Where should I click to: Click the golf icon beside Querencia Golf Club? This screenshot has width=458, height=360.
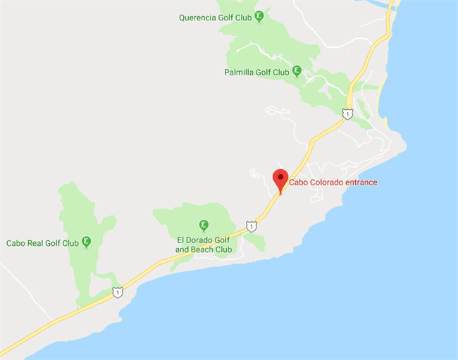tap(260, 15)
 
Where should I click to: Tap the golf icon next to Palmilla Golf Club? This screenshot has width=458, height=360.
tap(297, 70)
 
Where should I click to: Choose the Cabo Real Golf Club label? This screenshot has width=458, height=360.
tap(42, 243)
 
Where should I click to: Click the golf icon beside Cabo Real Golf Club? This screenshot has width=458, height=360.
tap(86, 242)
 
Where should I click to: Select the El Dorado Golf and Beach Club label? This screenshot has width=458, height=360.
tap(204, 244)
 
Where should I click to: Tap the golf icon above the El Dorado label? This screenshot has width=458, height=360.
tap(204, 225)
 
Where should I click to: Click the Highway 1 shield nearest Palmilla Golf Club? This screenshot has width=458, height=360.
tap(347, 113)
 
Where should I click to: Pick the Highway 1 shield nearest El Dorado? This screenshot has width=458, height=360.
tap(252, 227)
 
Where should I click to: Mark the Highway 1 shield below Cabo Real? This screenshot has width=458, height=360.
tap(118, 292)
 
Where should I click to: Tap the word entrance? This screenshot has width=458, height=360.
tap(360, 182)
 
